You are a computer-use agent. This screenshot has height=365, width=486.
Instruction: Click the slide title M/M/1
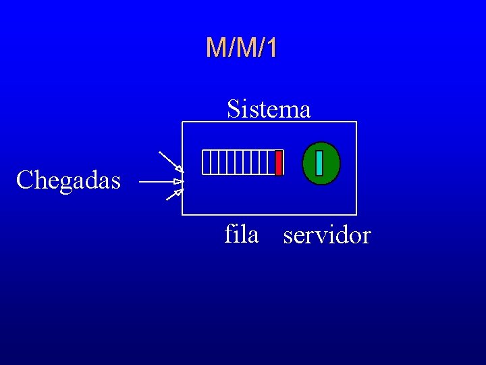(242, 48)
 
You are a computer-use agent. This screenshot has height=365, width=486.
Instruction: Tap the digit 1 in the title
(271, 48)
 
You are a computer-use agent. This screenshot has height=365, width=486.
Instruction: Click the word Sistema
(269, 108)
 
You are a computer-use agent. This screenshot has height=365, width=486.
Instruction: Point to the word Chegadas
(68, 180)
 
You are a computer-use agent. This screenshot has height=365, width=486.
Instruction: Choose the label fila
(241, 235)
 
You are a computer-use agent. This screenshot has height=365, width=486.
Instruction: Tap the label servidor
(327, 236)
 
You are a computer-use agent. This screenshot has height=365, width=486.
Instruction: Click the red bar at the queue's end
(279, 162)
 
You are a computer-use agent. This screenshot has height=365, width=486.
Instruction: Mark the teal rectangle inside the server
(319, 162)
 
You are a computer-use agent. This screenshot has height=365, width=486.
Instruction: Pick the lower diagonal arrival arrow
(173, 195)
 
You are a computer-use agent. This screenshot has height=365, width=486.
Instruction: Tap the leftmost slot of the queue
(206, 162)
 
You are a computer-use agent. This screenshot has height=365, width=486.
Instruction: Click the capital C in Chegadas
(24, 180)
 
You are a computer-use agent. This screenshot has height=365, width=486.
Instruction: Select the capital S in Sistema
(234, 108)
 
